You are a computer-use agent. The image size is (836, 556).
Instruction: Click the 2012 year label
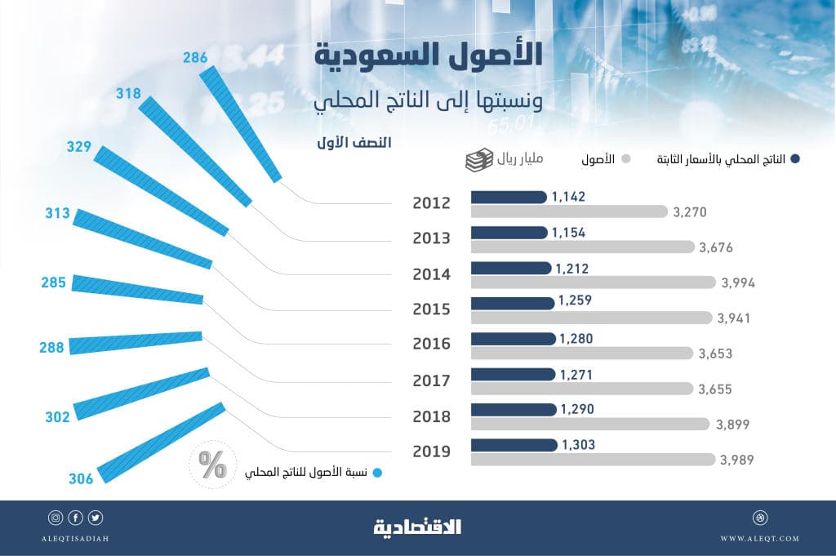pyautogui.click(x=432, y=202)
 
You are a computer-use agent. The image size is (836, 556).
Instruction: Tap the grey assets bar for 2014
pyautogui.click(x=593, y=282)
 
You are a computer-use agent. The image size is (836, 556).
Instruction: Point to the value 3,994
pyautogui.click(x=738, y=283)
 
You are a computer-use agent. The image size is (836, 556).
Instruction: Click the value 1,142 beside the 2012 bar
pyautogui.click(x=568, y=197)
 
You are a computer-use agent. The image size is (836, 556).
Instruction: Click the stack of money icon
pyautogui.click(x=479, y=158)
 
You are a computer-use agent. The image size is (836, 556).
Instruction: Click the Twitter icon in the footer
pyautogui.click(x=96, y=518)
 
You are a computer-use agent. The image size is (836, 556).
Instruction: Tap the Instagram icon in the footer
pyautogui.click(x=56, y=518)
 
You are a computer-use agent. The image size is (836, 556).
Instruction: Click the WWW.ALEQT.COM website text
pyautogui.click(x=759, y=539)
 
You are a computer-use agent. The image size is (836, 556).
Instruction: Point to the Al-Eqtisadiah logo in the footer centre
pyautogui.click(x=418, y=527)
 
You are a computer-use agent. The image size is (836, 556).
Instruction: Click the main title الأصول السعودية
pyautogui.click(x=429, y=58)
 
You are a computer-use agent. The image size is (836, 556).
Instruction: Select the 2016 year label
pyautogui.click(x=432, y=344)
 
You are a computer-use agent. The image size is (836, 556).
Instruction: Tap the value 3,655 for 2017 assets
pyautogui.click(x=715, y=390)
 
